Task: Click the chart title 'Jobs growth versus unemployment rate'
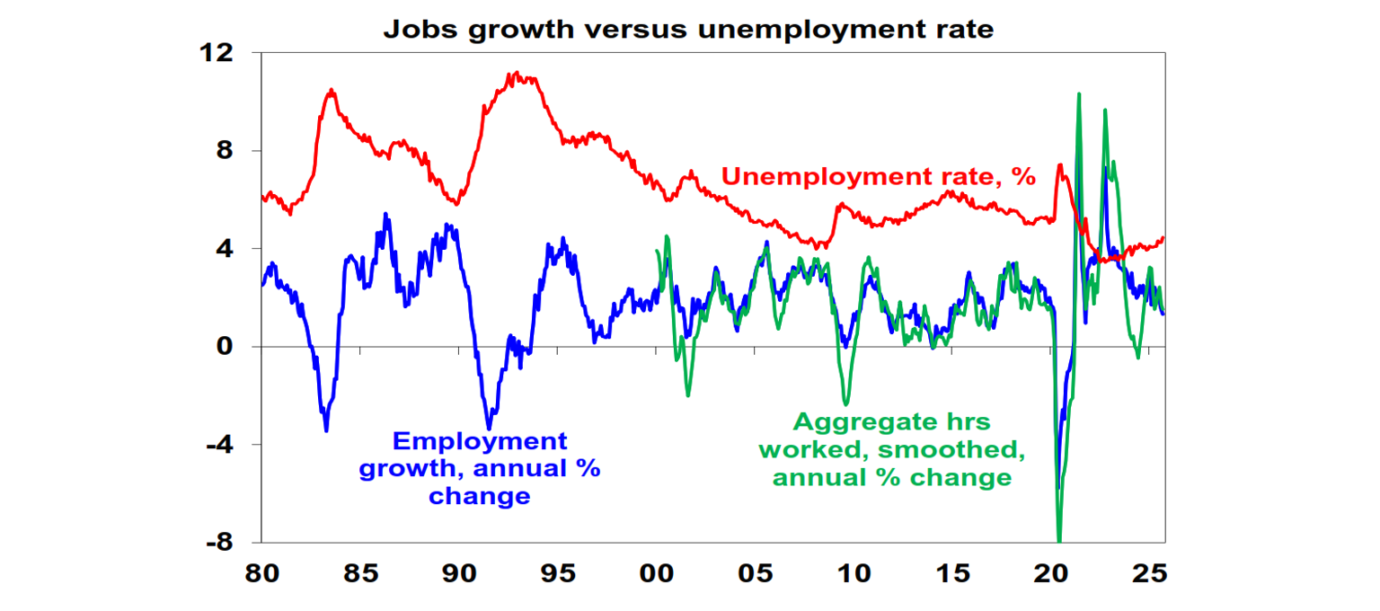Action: pyautogui.click(x=689, y=30)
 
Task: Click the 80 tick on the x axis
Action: pyautogui.click(x=261, y=571)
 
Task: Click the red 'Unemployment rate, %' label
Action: pyautogui.click(x=879, y=176)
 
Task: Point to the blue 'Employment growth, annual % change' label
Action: pyautogui.click(x=480, y=468)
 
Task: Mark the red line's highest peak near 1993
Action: pyautogui.click(x=515, y=74)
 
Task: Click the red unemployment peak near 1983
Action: pyautogui.click(x=332, y=90)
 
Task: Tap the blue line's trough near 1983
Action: pyautogui.click(x=326, y=430)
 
